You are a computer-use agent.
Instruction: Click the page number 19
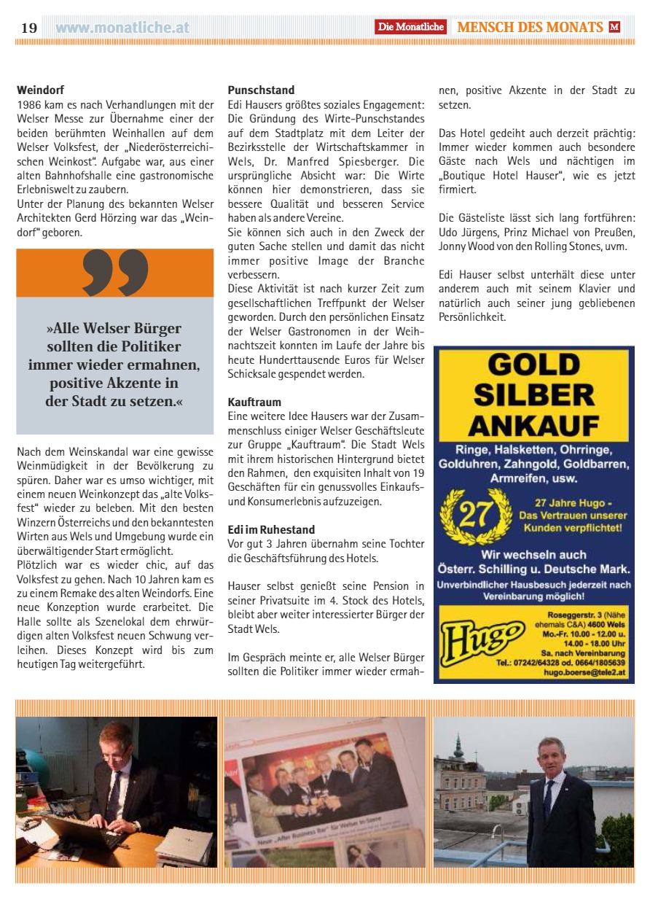[x=28, y=28]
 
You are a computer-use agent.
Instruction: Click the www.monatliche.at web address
[x=122, y=28]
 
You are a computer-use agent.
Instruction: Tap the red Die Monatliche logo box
[x=410, y=27]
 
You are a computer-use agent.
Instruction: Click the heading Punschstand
[x=261, y=90]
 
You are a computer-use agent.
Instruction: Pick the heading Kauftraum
[x=254, y=402]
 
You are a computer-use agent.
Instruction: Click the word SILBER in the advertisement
[x=534, y=394]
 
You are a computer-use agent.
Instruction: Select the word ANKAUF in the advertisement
[x=534, y=425]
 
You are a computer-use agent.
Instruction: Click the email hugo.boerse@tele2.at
[x=587, y=674]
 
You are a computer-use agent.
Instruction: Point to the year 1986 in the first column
[x=29, y=104]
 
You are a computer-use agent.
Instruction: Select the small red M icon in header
[x=615, y=27]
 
